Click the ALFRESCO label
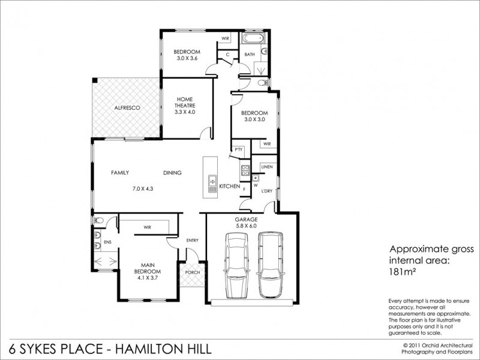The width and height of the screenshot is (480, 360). (x=127, y=107)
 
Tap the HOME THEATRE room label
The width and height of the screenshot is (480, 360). (x=185, y=106)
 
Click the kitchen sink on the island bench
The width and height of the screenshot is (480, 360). (x=211, y=179)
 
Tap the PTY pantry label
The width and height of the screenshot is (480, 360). (x=238, y=149)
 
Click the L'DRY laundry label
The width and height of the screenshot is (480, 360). (x=267, y=191)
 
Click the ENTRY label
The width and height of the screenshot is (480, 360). (x=192, y=240)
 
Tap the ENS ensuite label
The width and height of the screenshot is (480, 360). (x=108, y=242)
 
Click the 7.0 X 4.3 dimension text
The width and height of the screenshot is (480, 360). (x=143, y=189)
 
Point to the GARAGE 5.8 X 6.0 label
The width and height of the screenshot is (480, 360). (x=245, y=223)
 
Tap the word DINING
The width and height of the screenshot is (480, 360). (x=172, y=173)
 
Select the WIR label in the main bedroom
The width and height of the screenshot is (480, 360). (x=146, y=227)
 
